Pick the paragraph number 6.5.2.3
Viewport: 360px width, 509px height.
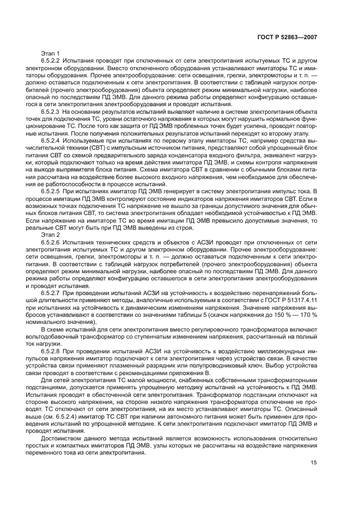click(53, 111)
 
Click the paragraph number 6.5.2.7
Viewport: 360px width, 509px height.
click(53, 292)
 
